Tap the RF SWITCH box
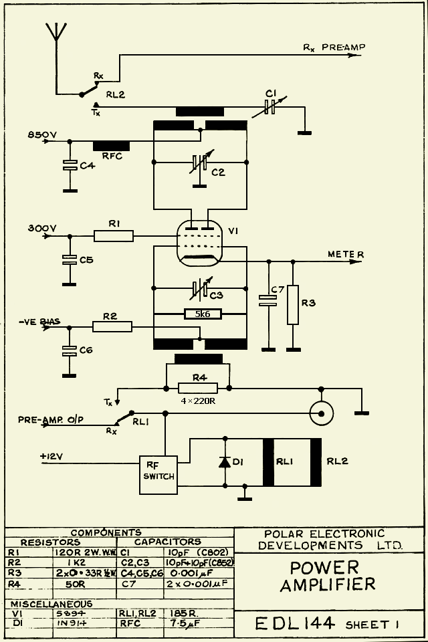click(x=158, y=471)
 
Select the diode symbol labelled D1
click(x=225, y=462)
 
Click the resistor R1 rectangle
click(x=114, y=235)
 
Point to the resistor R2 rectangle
click(x=112, y=326)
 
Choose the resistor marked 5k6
click(x=203, y=313)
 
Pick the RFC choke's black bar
click(x=112, y=146)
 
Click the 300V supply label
click(x=41, y=227)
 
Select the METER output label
click(x=345, y=255)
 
